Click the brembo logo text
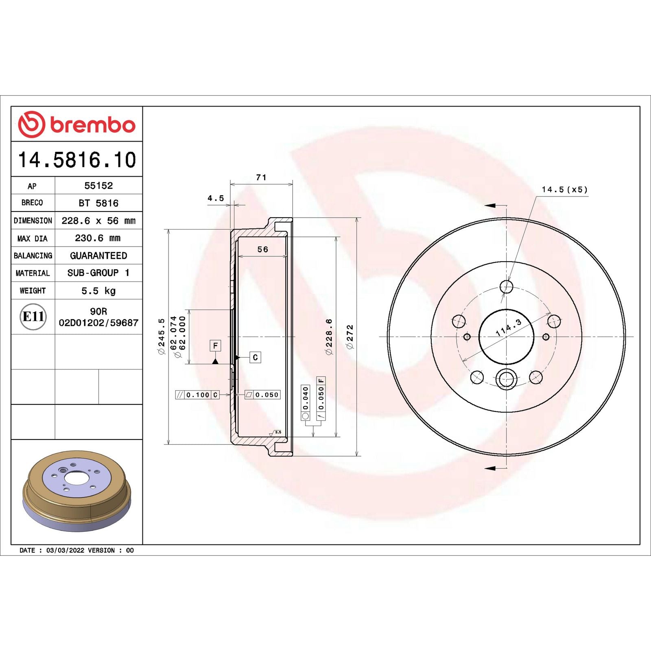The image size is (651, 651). [92, 125]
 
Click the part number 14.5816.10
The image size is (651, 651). [77, 159]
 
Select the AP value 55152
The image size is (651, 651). [98, 186]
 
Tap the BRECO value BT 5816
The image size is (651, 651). [98, 203]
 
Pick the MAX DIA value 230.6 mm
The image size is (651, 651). [98, 238]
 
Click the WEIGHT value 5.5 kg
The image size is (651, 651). [98, 291]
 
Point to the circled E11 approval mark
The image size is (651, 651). [33, 317]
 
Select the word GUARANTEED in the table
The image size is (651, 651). [98, 256]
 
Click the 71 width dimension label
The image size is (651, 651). [261, 177]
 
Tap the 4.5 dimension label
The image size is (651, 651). [216, 198]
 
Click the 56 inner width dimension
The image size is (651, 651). [263, 249]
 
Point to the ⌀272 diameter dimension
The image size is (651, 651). [350, 336]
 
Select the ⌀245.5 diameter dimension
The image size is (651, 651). [162, 336]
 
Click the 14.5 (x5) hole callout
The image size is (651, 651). [564, 190]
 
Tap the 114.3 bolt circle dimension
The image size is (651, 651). [509, 328]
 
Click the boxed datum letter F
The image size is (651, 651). [215, 346]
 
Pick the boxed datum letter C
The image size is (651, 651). [255, 357]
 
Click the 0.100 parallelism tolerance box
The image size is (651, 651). [198, 395]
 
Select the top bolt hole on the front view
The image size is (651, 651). [506, 286]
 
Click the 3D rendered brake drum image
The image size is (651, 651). [76, 491]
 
